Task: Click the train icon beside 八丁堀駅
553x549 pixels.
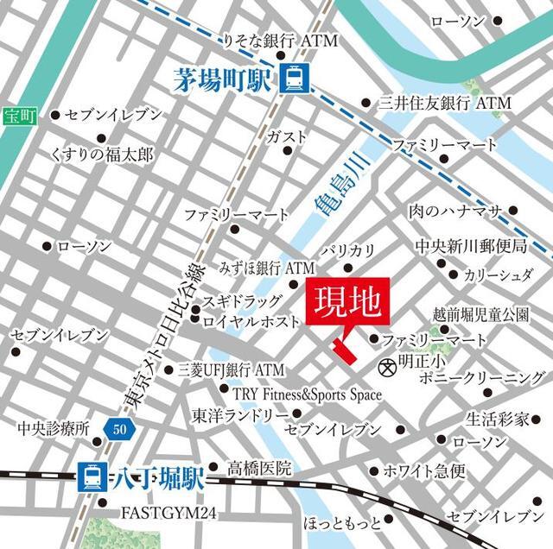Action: (x=90, y=475)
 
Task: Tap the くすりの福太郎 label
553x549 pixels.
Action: (x=101, y=155)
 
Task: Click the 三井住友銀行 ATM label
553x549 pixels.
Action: (x=445, y=103)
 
